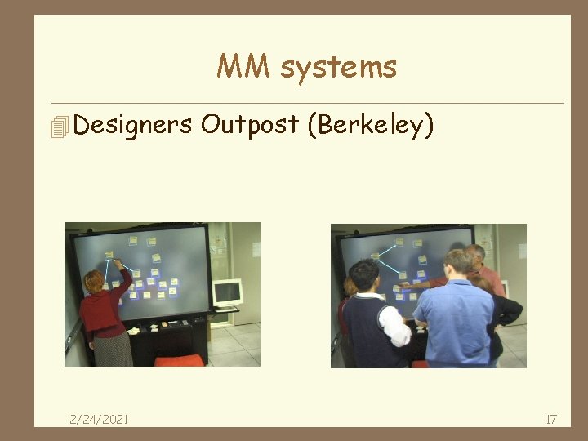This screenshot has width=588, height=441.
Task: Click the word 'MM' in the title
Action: point(244,67)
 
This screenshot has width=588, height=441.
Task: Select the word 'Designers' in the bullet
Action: point(132,125)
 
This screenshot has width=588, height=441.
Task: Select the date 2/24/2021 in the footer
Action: point(99,419)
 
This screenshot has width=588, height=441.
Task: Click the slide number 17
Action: point(550,419)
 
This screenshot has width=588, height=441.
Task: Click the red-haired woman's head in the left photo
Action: point(92,281)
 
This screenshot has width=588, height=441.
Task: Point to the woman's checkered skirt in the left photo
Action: point(112,348)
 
